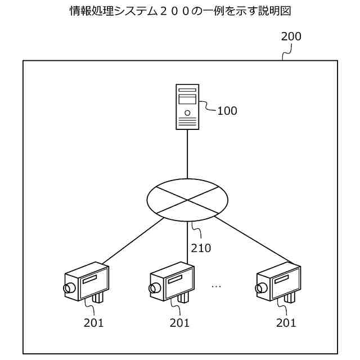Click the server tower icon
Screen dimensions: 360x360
[187, 107]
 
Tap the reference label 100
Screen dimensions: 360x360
[227, 111]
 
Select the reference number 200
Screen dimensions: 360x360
[291, 37]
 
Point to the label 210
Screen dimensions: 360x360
[201, 247]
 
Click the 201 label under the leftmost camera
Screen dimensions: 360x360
[93, 323]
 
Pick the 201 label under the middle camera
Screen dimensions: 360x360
[179, 323]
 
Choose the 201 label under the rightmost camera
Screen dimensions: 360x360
[286, 323]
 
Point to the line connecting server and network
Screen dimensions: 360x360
[187, 155]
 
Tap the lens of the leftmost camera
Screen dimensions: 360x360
[70, 289]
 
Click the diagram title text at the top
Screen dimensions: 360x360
[179, 11]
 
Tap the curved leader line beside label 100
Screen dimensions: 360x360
[208, 106]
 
